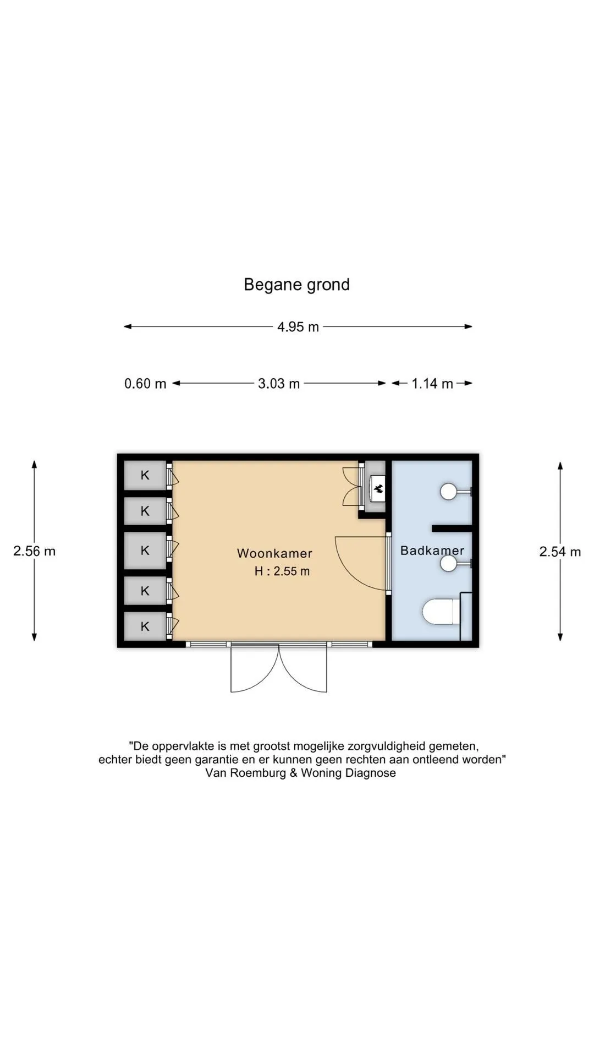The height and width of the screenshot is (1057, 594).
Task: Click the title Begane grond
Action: (296, 285)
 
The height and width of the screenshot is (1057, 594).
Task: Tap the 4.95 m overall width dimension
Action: (298, 327)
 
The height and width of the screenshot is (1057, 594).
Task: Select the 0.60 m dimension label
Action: (145, 384)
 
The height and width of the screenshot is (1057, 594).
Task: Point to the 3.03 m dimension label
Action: (279, 384)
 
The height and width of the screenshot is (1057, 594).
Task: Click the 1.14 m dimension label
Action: (432, 384)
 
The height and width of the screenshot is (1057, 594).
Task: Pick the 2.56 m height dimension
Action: (34, 551)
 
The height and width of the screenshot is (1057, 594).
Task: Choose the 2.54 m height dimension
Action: (560, 552)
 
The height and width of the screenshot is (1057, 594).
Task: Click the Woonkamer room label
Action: (274, 553)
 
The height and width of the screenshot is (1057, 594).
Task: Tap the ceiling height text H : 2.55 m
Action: (282, 571)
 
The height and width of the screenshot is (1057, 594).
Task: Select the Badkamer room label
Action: (432, 551)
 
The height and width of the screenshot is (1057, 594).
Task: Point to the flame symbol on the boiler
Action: (378, 488)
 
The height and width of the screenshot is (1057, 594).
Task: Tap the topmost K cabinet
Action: (145, 475)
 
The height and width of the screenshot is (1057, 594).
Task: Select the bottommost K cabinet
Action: (145, 626)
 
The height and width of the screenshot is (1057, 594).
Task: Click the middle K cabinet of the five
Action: (145, 550)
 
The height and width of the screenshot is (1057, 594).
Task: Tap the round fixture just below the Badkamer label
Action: (449, 563)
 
